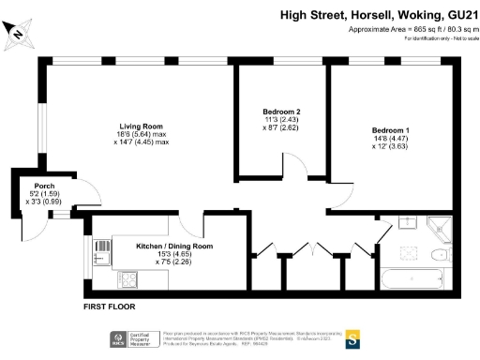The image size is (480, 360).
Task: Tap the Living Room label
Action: (142, 126)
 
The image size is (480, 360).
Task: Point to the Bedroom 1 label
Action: (391, 129)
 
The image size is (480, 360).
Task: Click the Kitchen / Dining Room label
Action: (175, 247)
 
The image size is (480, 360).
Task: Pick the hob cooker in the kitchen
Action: (124, 280)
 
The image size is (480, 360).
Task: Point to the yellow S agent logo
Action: (353, 338)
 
